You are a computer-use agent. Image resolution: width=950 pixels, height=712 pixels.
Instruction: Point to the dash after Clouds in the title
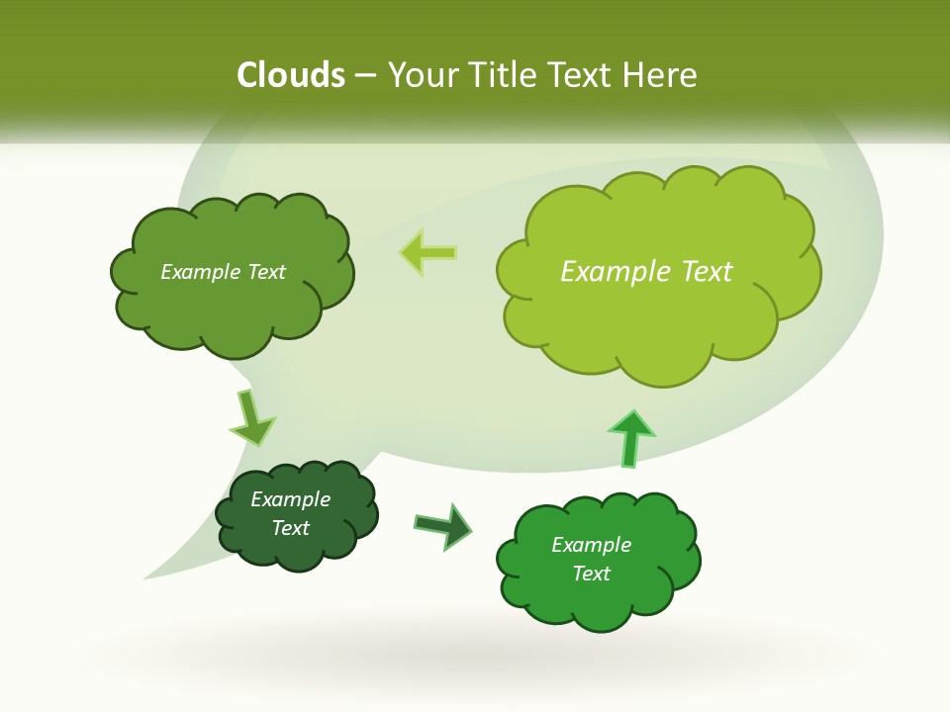point(365,76)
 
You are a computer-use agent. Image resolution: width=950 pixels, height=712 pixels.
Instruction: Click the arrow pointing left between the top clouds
point(428,252)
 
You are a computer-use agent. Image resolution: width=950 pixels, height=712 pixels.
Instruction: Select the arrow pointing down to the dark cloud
point(250,418)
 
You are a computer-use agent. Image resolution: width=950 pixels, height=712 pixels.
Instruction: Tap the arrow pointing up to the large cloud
point(630,437)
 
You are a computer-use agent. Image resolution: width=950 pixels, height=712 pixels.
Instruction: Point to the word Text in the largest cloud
point(707,271)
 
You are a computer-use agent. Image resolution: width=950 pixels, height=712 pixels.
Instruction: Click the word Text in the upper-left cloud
point(265,272)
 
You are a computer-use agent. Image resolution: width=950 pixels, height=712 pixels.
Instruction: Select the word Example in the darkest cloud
point(290,499)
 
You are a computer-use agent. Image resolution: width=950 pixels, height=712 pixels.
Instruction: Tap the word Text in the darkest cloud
point(290,528)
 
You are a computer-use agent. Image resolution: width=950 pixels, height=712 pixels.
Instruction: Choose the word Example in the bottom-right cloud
point(591,545)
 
